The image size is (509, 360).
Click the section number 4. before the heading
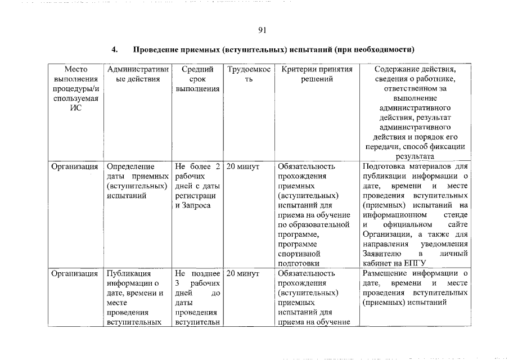(x=114, y=50)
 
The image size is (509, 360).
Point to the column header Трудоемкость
(x=249, y=74)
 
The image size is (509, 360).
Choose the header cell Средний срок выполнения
(x=197, y=79)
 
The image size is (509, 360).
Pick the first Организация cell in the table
(x=75, y=166)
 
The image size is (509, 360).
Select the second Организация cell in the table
(x=75, y=273)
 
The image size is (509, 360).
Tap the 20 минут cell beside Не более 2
(x=242, y=166)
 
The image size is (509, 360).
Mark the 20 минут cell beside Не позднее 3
(x=242, y=273)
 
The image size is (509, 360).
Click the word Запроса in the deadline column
(x=196, y=206)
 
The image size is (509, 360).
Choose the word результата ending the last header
(x=415, y=157)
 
